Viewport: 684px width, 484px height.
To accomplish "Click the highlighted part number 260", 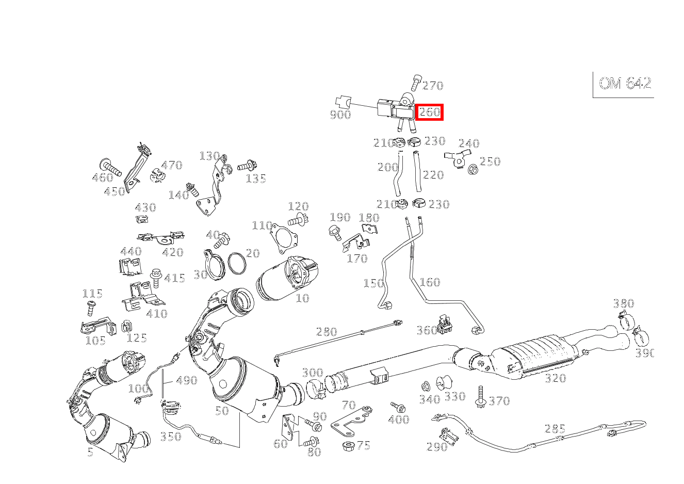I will pos(429,112).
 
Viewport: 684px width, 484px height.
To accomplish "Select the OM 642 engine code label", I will pos(625,84).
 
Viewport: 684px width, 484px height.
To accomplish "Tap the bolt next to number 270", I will pos(416,82).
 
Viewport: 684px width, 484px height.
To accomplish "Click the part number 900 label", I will pos(340,115).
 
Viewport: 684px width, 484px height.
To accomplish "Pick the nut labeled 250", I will pos(472,168).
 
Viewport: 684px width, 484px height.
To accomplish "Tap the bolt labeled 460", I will pos(110,167).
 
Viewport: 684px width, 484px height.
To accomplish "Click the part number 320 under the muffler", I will pos(555,378).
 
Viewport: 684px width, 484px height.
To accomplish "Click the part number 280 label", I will pos(326,332).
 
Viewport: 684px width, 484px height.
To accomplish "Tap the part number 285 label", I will pos(555,429).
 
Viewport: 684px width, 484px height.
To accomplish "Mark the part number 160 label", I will pos(429,282).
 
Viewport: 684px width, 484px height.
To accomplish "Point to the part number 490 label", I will pos(186,380).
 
